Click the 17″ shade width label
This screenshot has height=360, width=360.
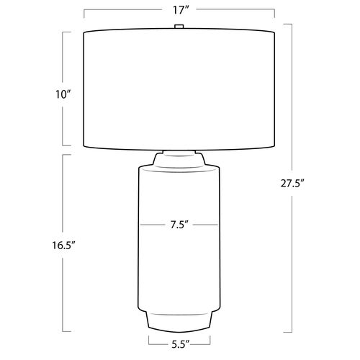(x=179, y=10)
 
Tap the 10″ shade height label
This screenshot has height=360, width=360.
(x=63, y=94)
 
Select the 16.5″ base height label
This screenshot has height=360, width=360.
(x=63, y=246)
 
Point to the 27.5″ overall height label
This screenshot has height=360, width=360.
(x=292, y=184)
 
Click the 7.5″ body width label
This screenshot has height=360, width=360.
(x=179, y=225)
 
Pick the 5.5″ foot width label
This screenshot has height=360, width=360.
(x=180, y=345)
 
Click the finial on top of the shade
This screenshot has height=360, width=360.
(x=179, y=26)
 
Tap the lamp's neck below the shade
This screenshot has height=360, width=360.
(x=179, y=158)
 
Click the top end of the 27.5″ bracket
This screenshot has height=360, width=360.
(x=292, y=24)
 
